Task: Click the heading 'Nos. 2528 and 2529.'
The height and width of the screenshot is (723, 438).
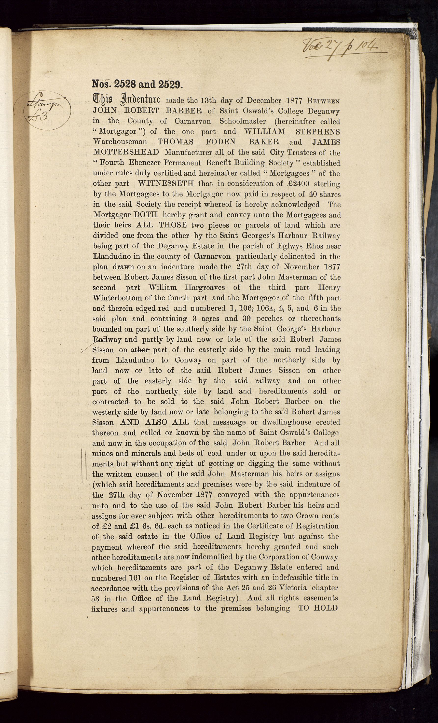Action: (x=137, y=84)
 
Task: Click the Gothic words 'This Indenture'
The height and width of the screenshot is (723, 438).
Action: (x=126, y=100)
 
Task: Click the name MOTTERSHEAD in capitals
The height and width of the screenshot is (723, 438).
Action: (x=126, y=152)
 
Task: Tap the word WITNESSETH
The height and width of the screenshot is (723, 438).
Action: (x=166, y=184)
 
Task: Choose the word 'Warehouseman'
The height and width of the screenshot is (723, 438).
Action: (x=120, y=142)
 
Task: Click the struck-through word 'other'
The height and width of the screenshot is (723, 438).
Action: (x=140, y=350)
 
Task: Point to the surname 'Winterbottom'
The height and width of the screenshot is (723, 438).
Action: (x=118, y=298)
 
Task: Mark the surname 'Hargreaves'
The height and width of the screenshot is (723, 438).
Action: (x=202, y=287)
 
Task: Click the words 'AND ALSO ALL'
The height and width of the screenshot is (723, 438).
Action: (x=155, y=422)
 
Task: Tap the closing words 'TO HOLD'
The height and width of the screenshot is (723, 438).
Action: (x=318, y=608)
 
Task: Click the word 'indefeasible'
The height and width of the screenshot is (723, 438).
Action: (x=296, y=578)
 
